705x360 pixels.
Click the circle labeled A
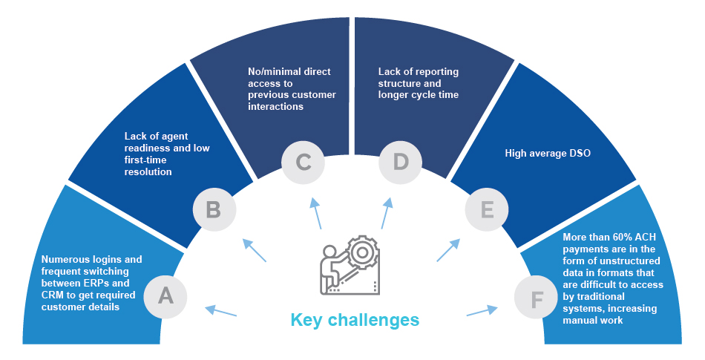pyautogui.click(x=166, y=296)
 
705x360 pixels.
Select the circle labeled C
pyautogui.click(x=304, y=163)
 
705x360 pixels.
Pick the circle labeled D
pyautogui.click(x=401, y=163)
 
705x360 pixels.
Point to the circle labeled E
pyautogui.click(x=487, y=210)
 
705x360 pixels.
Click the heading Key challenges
pyautogui.click(x=355, y=321)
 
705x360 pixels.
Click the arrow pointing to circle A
pyautogui.click(x=221, y=312)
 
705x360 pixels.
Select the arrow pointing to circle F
pyautogui.click(x=482, y=311)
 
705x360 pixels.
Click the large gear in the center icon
pyautogui.click(x=362, y=253)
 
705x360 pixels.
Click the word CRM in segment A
pyautogui.click(x=54, y=294)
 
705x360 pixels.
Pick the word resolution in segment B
pyautogui.click(x=148, y=171)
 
